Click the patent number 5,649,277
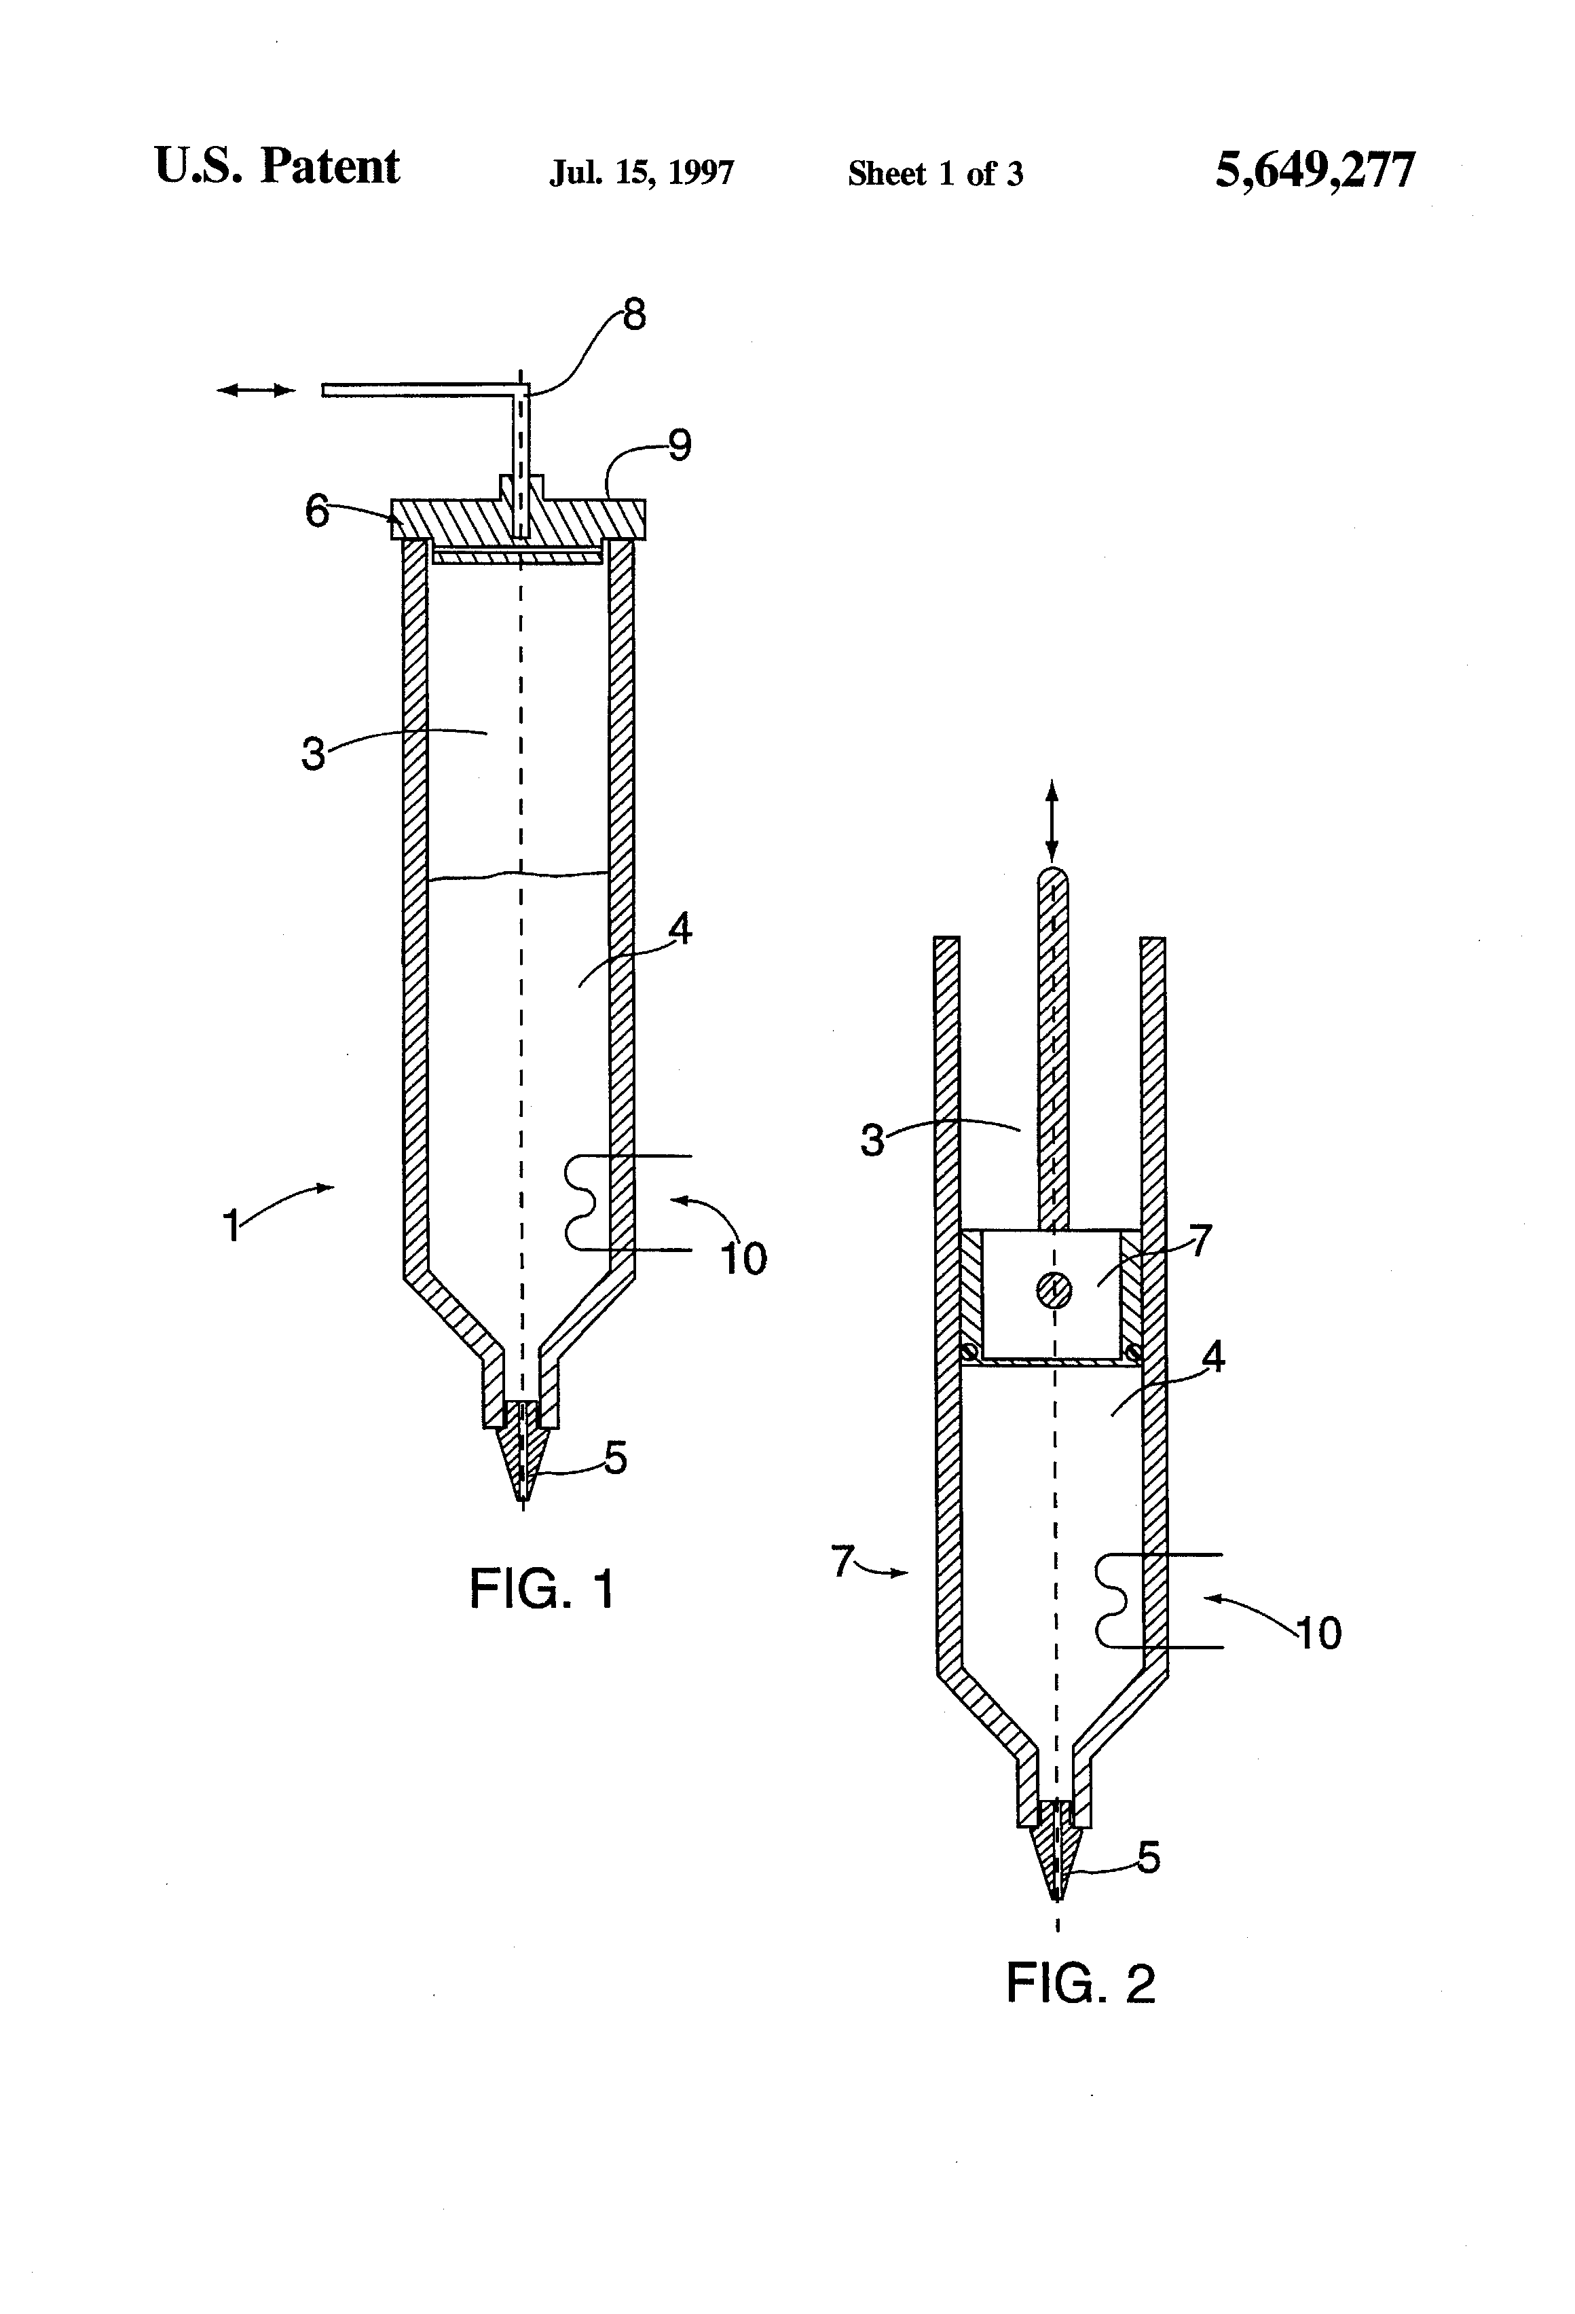1314,170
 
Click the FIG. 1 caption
542,1588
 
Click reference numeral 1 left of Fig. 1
231,1226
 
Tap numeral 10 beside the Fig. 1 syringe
743,1260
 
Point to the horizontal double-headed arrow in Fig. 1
257,391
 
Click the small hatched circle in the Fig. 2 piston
1054,1291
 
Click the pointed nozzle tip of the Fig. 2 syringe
1057,1900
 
